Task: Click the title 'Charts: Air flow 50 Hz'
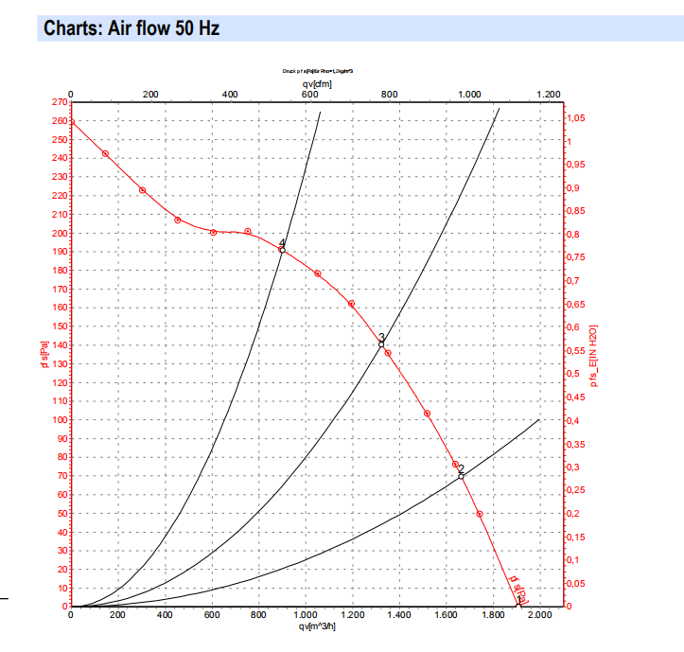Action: pos(132,28)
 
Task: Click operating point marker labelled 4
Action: pos(282,250)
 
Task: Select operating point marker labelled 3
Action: pos(381,344)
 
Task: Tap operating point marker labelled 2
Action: pos(461,476)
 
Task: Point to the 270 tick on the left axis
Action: pos(59,102)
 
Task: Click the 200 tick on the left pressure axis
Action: pos(59,233)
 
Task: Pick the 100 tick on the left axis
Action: pos(59,419)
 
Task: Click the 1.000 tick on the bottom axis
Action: pos(305,617)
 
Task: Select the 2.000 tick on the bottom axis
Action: pos(538,617)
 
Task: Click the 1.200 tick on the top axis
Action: pos(549,95)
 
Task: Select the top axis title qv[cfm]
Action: pos(308,83)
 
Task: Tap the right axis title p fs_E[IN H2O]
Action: pos(595,356)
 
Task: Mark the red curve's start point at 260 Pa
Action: pos(71,121)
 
